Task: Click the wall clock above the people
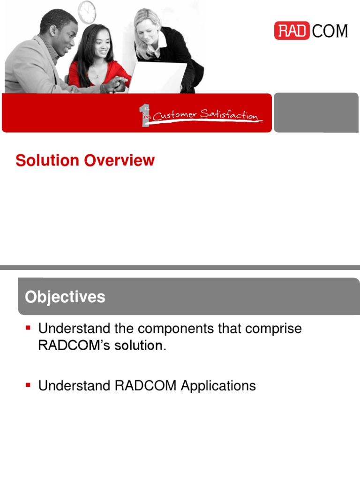87,12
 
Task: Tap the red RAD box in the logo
291,31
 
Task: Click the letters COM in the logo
330,31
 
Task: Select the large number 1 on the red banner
145,115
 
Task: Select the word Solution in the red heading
47,160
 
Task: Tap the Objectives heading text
65,297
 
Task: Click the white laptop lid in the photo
157,77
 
